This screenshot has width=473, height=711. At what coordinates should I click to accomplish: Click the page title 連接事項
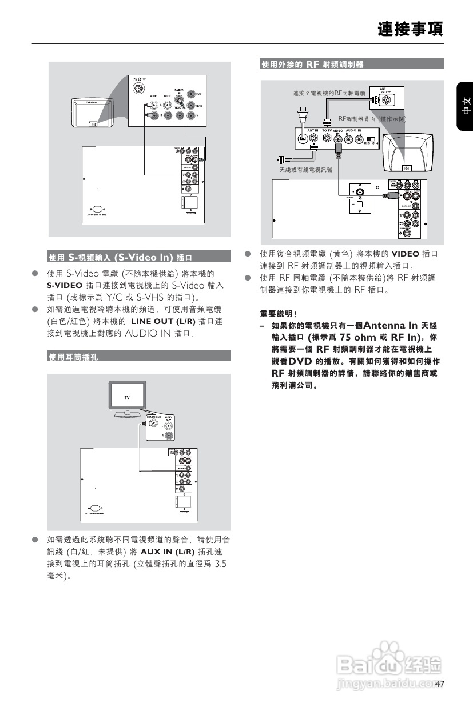(x=410, y=29)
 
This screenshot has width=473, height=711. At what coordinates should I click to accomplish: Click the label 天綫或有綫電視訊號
(x=305, y=170)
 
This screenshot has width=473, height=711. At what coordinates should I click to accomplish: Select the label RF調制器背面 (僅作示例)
(x=372, y=119)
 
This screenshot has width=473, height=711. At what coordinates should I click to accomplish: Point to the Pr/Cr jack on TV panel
(x=191, y=94)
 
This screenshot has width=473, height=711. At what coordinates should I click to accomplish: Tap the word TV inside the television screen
(x=128, y=397)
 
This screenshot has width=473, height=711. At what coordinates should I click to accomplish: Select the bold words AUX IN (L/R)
(x=167, y=552)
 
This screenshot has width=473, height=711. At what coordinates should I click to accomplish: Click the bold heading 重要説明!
(x=278, y=314)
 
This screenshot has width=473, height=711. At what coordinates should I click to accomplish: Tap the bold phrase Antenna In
(x=391, y=325)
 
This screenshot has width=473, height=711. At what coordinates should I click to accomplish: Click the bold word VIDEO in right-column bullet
(x=405, y=254)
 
